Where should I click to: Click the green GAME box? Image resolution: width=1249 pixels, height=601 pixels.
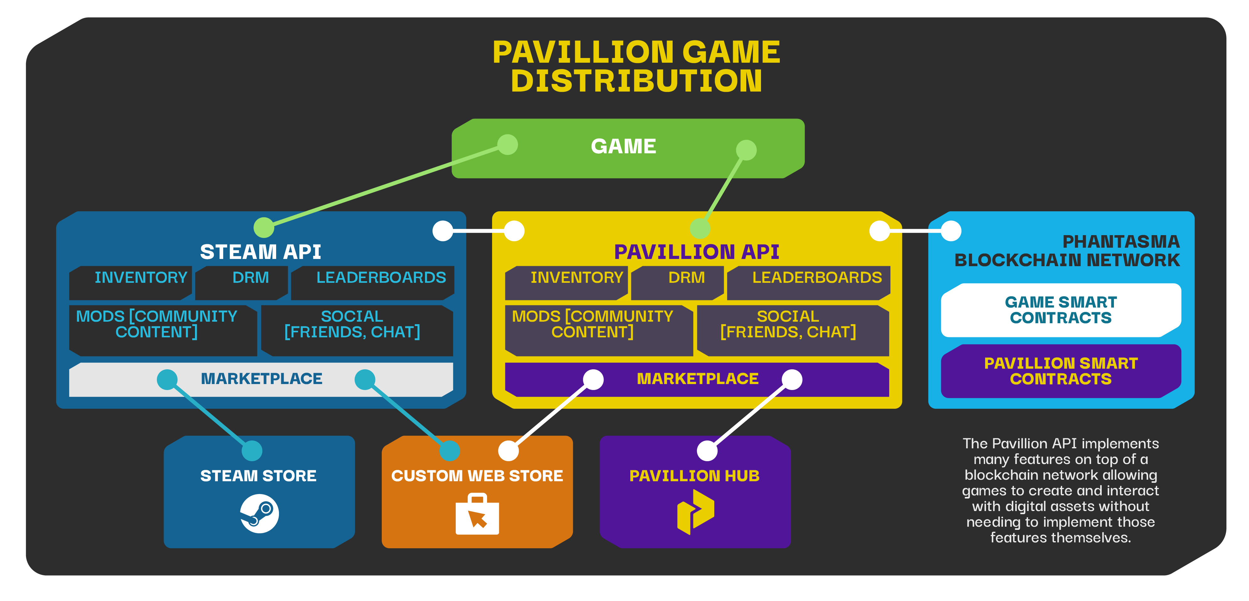point(628,148)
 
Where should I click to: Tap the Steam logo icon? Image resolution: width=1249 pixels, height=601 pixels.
point(260,514)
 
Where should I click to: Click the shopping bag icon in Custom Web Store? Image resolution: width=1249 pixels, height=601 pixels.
point(477,514)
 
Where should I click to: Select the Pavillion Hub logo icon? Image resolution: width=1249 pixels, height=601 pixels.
point(695,512)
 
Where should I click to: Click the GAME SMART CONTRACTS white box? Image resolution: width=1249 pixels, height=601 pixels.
point(1061,310)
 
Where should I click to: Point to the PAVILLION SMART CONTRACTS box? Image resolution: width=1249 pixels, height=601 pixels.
point(1061,371)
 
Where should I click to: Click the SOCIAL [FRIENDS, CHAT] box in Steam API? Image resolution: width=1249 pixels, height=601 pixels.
point(357,330)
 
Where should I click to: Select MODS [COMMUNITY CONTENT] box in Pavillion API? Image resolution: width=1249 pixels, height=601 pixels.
point(599,330)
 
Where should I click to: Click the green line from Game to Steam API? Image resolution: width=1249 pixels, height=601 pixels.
point(386,186)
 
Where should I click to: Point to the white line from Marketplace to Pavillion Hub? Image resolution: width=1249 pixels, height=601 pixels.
point(750,415)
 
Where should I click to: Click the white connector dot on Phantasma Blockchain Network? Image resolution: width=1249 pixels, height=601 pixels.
point(951,231)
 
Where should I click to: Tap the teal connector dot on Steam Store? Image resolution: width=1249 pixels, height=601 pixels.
point(252,451)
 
